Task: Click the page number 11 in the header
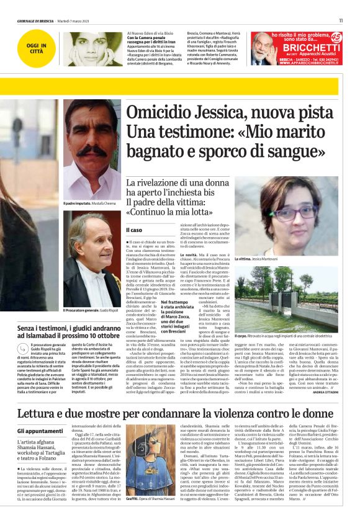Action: pyautogui.click(x=341, y=20)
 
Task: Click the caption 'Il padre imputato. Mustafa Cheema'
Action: pyautogui.click(x=89, y=203)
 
